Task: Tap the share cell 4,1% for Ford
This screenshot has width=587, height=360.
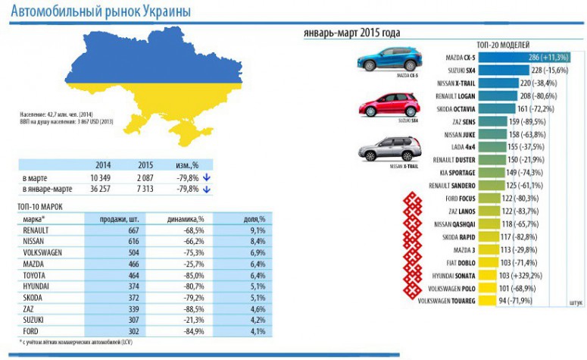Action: [x=257, y=330]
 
